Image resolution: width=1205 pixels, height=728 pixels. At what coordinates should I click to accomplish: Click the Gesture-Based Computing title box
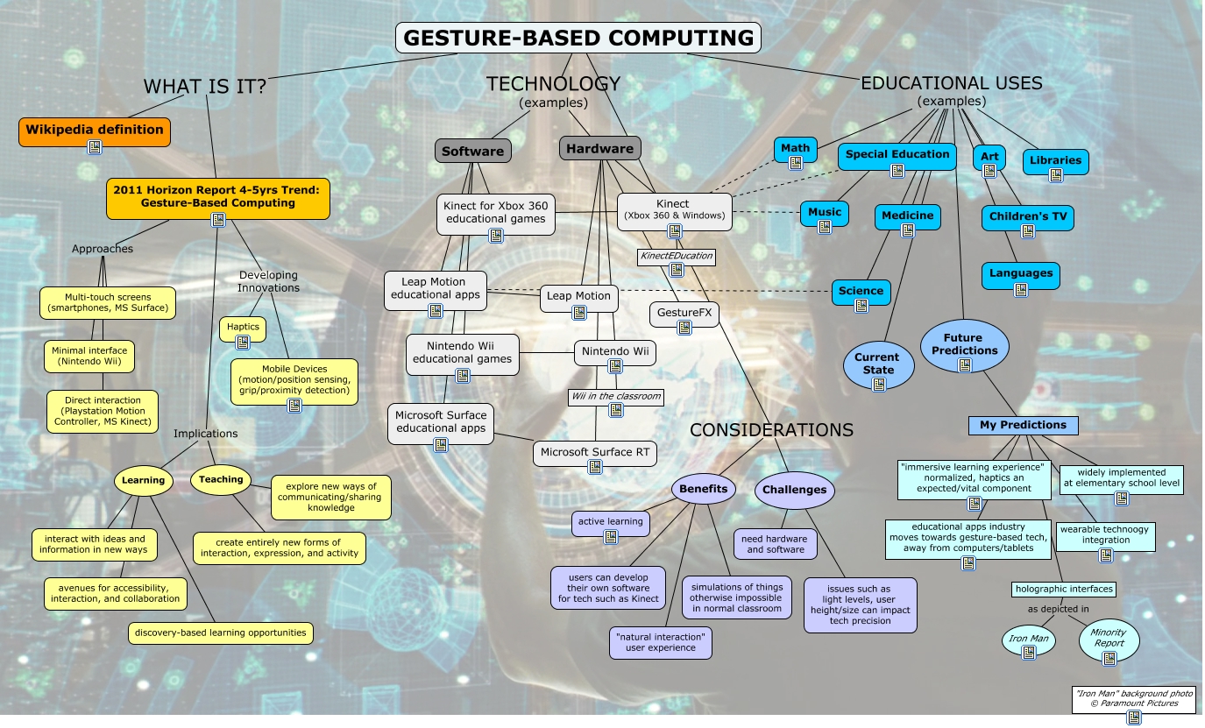pos(578,38)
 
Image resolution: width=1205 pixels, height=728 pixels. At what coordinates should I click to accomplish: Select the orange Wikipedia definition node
pos(95,130)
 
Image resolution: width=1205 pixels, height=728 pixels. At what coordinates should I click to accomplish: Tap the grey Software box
pos(472,151)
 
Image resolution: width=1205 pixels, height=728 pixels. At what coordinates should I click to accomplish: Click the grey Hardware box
pos(599,149)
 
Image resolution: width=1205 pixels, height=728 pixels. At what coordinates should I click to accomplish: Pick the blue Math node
pos(796,147)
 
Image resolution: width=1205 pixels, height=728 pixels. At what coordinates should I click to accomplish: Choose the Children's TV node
pos(1027,216)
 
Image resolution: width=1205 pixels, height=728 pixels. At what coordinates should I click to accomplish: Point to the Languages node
pos(1021,273)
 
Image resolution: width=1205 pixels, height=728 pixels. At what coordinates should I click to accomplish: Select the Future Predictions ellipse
pos(964,344)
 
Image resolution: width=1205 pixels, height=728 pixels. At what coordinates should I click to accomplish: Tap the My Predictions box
pos(1023,425)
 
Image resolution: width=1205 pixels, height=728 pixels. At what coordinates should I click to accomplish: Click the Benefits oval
pos(704,489)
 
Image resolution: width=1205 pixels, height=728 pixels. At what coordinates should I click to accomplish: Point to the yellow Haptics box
pos(243,328)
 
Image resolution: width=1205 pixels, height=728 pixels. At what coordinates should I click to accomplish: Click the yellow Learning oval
pos(143,480)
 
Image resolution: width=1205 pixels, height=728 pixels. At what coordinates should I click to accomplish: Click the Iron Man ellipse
pos(1029,640)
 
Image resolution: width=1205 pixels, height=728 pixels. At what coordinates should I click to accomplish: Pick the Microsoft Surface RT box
pos(597,452)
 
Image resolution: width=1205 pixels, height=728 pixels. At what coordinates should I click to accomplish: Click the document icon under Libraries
pos(1056,174)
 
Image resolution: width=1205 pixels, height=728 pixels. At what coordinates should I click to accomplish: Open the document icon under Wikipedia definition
pos(95,146)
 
